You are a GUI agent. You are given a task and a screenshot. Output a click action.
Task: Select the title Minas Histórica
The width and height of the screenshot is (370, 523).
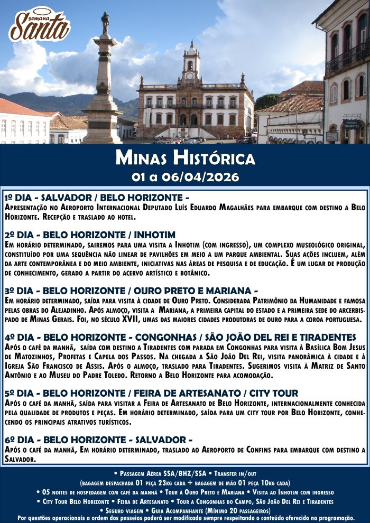[185, 158]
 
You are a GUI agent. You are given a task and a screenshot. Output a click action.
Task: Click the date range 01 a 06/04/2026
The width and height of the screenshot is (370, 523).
[185, 175]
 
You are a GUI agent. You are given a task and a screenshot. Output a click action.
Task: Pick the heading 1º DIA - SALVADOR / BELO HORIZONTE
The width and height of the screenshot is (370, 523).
[96, 197]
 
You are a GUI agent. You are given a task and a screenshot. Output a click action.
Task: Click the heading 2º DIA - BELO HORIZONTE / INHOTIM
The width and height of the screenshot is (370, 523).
[90, 235]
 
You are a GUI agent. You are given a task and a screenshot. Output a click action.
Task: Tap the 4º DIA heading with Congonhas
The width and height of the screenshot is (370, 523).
[180, 337]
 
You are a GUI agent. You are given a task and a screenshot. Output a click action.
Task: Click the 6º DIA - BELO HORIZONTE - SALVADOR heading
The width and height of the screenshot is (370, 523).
[98, 440]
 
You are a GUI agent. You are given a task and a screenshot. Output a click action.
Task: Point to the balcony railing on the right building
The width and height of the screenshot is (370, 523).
[346, 60]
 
